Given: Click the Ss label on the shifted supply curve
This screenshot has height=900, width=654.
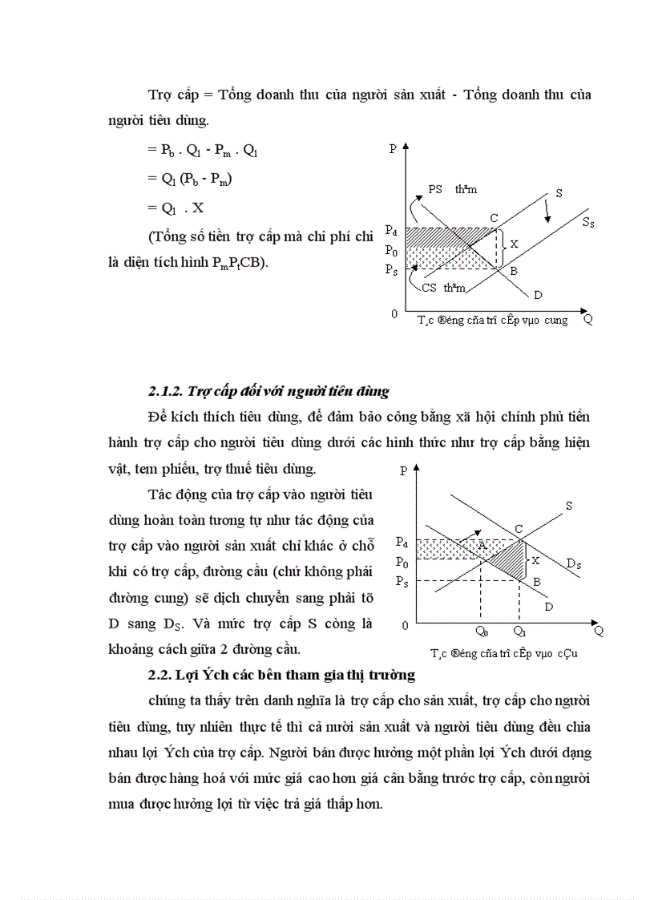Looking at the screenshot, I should point(587,224).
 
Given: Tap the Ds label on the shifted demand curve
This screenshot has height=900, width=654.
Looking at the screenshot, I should point(573,564).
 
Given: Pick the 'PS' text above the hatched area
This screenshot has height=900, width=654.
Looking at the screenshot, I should point(435,189).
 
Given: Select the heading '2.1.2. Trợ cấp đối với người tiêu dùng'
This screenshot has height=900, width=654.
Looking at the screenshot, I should point(268,391).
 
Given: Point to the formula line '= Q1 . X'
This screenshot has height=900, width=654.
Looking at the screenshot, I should point(176,208).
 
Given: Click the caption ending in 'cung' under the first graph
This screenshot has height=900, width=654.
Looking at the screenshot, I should point(492,320).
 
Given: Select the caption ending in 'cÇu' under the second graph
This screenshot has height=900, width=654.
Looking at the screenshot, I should point(503,653).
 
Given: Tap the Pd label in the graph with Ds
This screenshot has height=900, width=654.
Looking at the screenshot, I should point(403,543).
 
